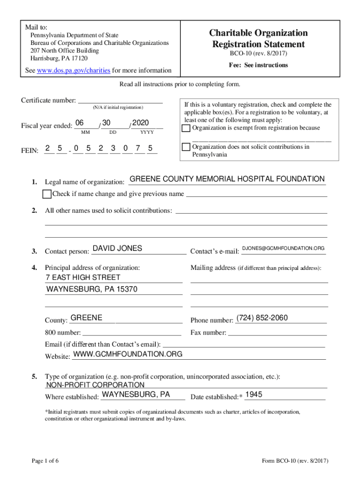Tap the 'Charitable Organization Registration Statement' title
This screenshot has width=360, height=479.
[x=258, y=39]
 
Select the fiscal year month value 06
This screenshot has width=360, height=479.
[x=79, y=123]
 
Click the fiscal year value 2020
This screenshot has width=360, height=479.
[x=140, y=123]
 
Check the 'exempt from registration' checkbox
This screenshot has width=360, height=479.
[x=186, y=128]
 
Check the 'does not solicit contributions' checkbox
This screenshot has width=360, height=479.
[x=186, y=147]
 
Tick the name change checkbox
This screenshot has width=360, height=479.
[x=47, y=194]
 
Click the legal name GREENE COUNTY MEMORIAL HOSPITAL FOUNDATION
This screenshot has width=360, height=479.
[x=227, y=179]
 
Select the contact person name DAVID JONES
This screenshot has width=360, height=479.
[x=117, y=248]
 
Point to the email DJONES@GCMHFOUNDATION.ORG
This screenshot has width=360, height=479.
[x=283, y=248]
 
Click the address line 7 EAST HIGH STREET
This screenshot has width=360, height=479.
[x=83, y=277]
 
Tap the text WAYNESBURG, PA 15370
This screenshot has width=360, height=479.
[x=92, y=290]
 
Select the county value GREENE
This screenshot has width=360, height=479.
[x=86, y=318]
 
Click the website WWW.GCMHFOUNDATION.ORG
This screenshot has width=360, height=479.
[x=128, y=354]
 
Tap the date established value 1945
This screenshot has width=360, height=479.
[x=254, y=394]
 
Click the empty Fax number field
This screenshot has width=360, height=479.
[x=277, y=333]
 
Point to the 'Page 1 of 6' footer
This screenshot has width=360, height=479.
[x=45, y=461]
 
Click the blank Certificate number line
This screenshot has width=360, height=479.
[x=120, y=100]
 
